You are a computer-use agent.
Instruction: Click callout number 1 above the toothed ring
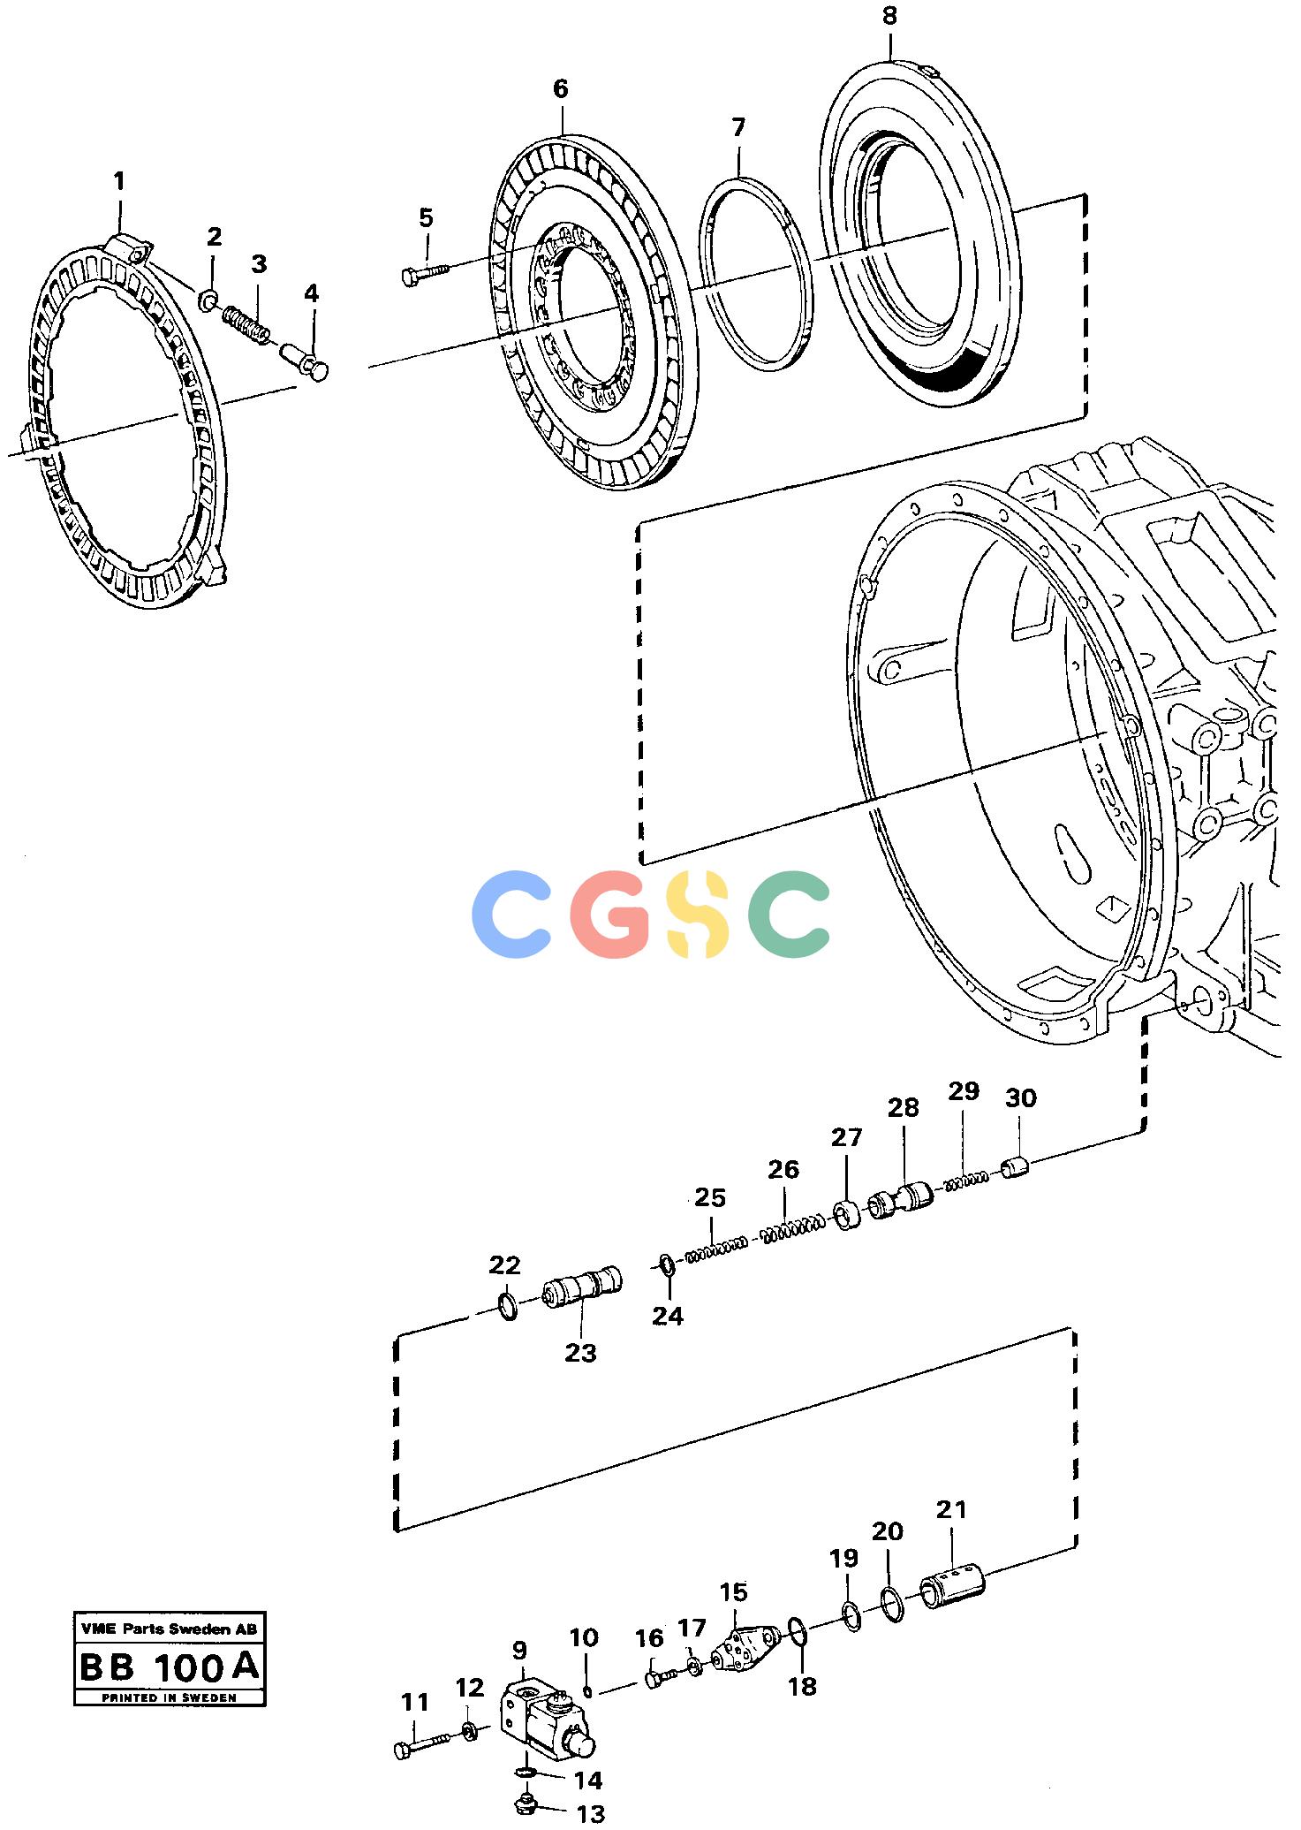tap(119, 182)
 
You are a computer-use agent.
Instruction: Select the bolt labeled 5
tap(425, 273)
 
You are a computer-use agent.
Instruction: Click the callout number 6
tap(560, 88)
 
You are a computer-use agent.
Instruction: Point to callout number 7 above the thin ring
tap(738, 127)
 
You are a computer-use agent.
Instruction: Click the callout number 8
tap(889, 16)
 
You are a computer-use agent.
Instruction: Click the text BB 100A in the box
tap(170, 1667)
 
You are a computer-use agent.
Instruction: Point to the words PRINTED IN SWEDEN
tap(169, 1697)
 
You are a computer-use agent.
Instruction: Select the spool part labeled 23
tap(582, 1287)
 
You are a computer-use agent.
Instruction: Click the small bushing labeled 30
tap(1017, 1167)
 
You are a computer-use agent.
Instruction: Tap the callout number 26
tap(783, 1170)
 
